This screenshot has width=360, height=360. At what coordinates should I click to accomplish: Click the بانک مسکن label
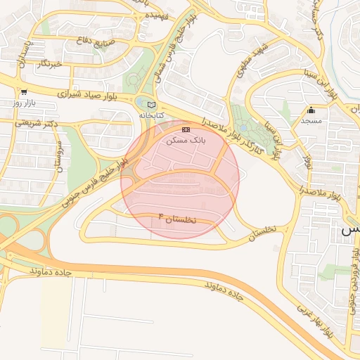click(186, 141)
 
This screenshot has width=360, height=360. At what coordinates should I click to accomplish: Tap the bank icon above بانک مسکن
click(186, 130)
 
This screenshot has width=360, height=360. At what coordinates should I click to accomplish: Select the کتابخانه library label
click(150, 115)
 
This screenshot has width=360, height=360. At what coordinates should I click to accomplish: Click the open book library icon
click(151, 105)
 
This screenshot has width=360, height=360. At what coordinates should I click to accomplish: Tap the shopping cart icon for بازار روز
click(24, 91)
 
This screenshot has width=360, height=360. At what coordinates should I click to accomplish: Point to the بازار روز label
click(24, 103)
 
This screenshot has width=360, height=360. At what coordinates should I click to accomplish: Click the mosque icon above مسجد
click(311, 110)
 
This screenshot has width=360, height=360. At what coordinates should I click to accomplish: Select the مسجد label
click(311, 120)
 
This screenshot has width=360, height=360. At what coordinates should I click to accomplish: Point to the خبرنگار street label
click(49, 64)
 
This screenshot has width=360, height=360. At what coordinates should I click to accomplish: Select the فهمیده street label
click(156, 15)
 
